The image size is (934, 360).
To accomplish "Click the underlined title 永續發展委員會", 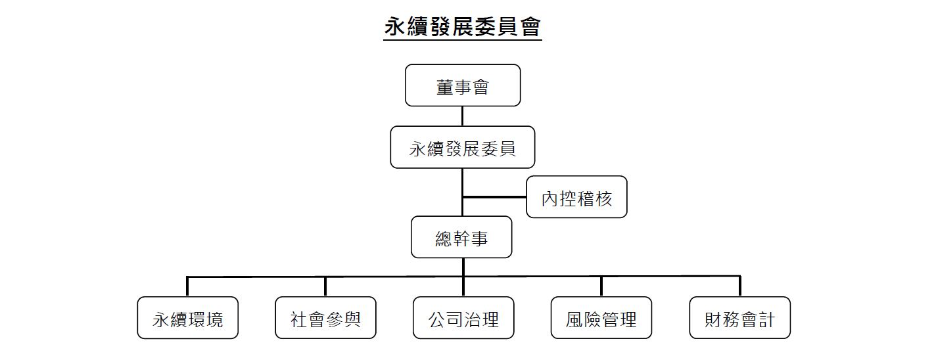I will pyautogui.click(x=463, y=28).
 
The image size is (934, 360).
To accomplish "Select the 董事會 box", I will pyautogui.click(x=463, y=85).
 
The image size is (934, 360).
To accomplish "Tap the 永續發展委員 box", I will pyautogui.click(x=463, y=148).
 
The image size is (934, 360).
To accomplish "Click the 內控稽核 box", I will pyautogui.click(x=576, y=197).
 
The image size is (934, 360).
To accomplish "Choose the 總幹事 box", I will pyautogui.click(x=461, y=237).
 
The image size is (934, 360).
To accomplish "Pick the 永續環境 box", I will pyautogui.click(x=188, y=318).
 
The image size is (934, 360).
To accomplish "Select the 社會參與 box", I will pyautogui.click(x=325, y=318).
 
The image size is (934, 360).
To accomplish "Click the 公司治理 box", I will pyautogui.click(x=463, y=318).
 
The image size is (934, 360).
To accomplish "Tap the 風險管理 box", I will pyautogui.click(x=601, y=318).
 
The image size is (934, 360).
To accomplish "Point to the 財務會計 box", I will pyautogui.click(x=739, y=318).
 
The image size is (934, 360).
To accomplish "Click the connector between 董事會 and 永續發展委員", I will pyautogui.click(x=463, y=116).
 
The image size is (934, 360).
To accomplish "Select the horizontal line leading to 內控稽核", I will pyautogui.click(x=494, y=196).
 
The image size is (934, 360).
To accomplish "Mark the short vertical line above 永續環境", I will pyautogui.click(x=188, y=286).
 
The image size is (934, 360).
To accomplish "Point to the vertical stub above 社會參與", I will pyautogui.click(x=325, y=286).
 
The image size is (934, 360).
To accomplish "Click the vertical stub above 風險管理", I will pyautogui.click(x=601, y=286).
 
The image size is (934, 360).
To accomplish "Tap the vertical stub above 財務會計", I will pyautogui.click(x=740, y=286).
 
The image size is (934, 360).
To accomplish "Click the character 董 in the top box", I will pyautogui.click(x=445, y=86).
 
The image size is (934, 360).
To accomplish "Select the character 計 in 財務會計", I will pyautogui.click(x=766, y=319).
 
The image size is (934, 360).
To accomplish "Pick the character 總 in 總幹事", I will pyautogui.click(x=444, y=238).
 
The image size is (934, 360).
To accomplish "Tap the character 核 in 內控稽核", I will pyautogui.click(x=603, y=198).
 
